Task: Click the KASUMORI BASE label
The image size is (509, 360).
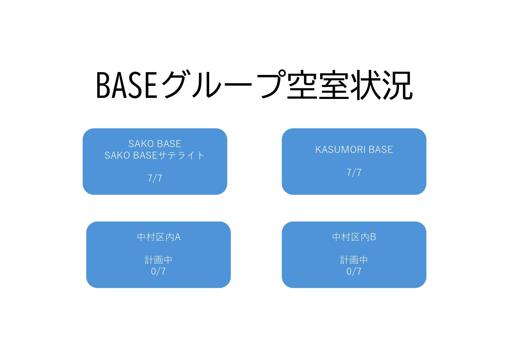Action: click(x=354, y=150)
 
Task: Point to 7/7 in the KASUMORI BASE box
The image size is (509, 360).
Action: click(x=354, y=173)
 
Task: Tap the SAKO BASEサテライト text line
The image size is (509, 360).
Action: click(x=155, y=155)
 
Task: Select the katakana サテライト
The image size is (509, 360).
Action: click(x=181, y=155)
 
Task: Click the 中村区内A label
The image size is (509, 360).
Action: click(x=159, y=237)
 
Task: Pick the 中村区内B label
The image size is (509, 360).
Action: click(x=354, y=237)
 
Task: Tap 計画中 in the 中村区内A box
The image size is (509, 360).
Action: click(x=159, y=260)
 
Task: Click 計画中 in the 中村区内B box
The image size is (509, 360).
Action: click(x=354, y=260)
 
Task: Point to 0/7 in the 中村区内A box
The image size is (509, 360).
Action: click(x=158, y=272)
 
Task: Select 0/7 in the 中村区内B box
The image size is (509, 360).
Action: click(x=354, y=272)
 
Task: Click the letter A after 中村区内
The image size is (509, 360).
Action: click(x=177, y=237)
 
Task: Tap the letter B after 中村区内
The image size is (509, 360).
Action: click(x=373, y=237)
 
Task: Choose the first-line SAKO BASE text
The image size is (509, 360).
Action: click(x=155, y=144)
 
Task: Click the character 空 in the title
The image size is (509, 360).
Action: click(x=301, y=85)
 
